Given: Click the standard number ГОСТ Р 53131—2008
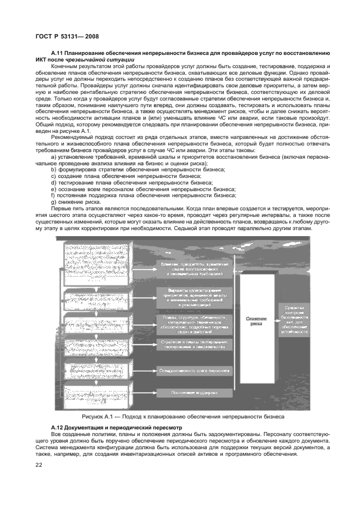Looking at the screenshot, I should coord(64,37).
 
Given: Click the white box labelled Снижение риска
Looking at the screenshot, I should coord(256,321).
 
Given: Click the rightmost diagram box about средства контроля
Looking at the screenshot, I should coord(296,320).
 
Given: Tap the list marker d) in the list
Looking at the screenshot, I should coord(53,182).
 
